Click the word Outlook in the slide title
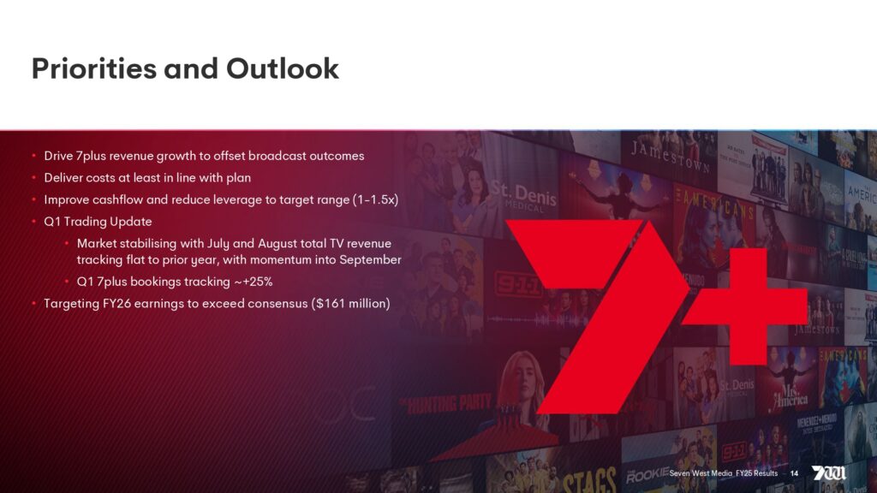(x=283, y=68)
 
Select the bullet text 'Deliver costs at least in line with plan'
(x=147, y=178)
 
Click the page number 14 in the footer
(x=794, y=473)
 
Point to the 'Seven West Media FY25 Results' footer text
(x=723, y=473)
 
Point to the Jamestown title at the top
(x=671, y=157)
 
